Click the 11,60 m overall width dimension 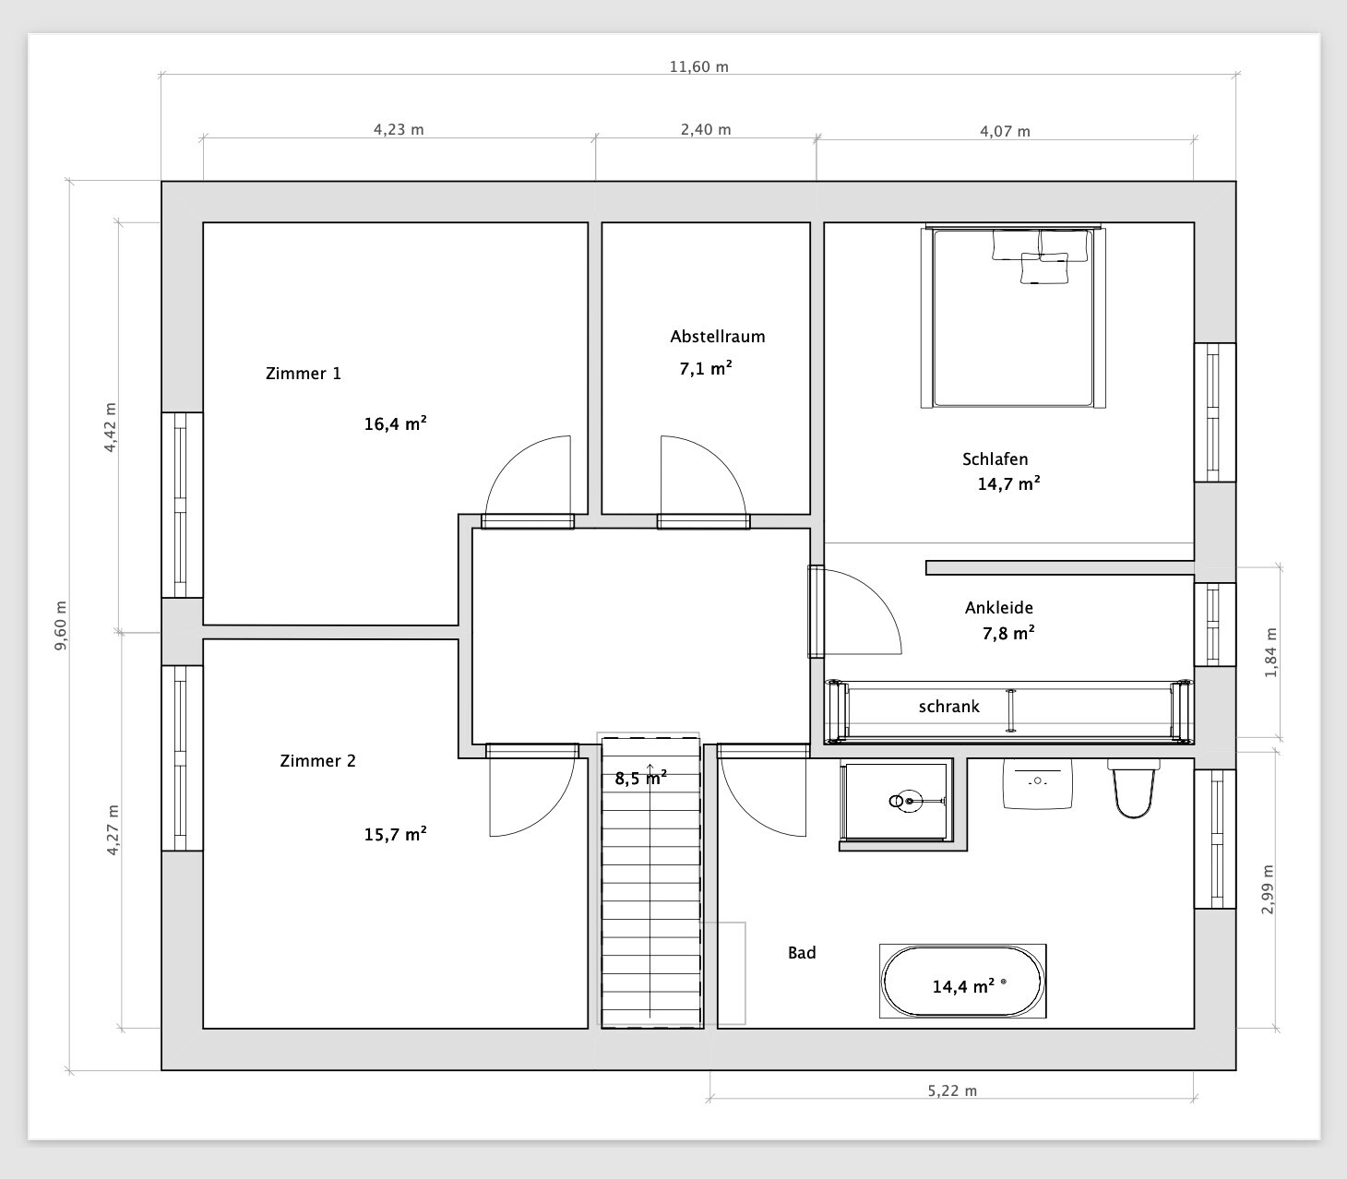coord(698,67)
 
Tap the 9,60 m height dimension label coord(61,625)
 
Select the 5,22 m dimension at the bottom coord(952,1090)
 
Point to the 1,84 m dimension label coord(1270,652)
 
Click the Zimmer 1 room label coord(304,374)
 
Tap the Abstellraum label coord(718,337)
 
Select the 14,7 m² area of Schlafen coord(1008,483)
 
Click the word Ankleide coord(999,608)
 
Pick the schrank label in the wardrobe coord(948,707)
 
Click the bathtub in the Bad coord(962,981)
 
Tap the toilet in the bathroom coord(1133,788)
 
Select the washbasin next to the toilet coord(1038,783)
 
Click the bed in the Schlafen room coord(1012,316)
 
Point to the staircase coord(650,882)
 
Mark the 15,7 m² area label coord(395,834)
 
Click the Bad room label coord(802,953)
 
